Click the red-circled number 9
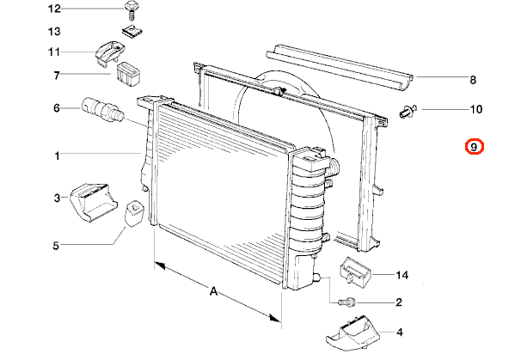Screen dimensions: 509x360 click(475, 147)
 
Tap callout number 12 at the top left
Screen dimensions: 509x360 click(54, 9)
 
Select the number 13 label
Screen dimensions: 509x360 click(54, 32)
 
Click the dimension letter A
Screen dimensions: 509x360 click(213, 291)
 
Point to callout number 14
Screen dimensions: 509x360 click(402, 275)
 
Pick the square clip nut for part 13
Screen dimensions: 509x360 click(132, 31)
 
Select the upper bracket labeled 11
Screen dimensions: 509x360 click(109, 53)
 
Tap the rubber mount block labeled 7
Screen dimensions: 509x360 click(127, 74)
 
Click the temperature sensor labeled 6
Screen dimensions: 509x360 click(102, 110)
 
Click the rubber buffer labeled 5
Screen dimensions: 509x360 click(134, 213)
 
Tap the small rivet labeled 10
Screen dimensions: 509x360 click(408, 111)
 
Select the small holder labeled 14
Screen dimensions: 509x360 click(355, 270)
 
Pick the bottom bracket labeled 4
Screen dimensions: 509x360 click(353, 333)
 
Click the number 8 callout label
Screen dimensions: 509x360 click(473, 79)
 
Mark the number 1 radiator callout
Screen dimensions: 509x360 click(58, 156)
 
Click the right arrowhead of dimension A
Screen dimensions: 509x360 click(276, 318)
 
